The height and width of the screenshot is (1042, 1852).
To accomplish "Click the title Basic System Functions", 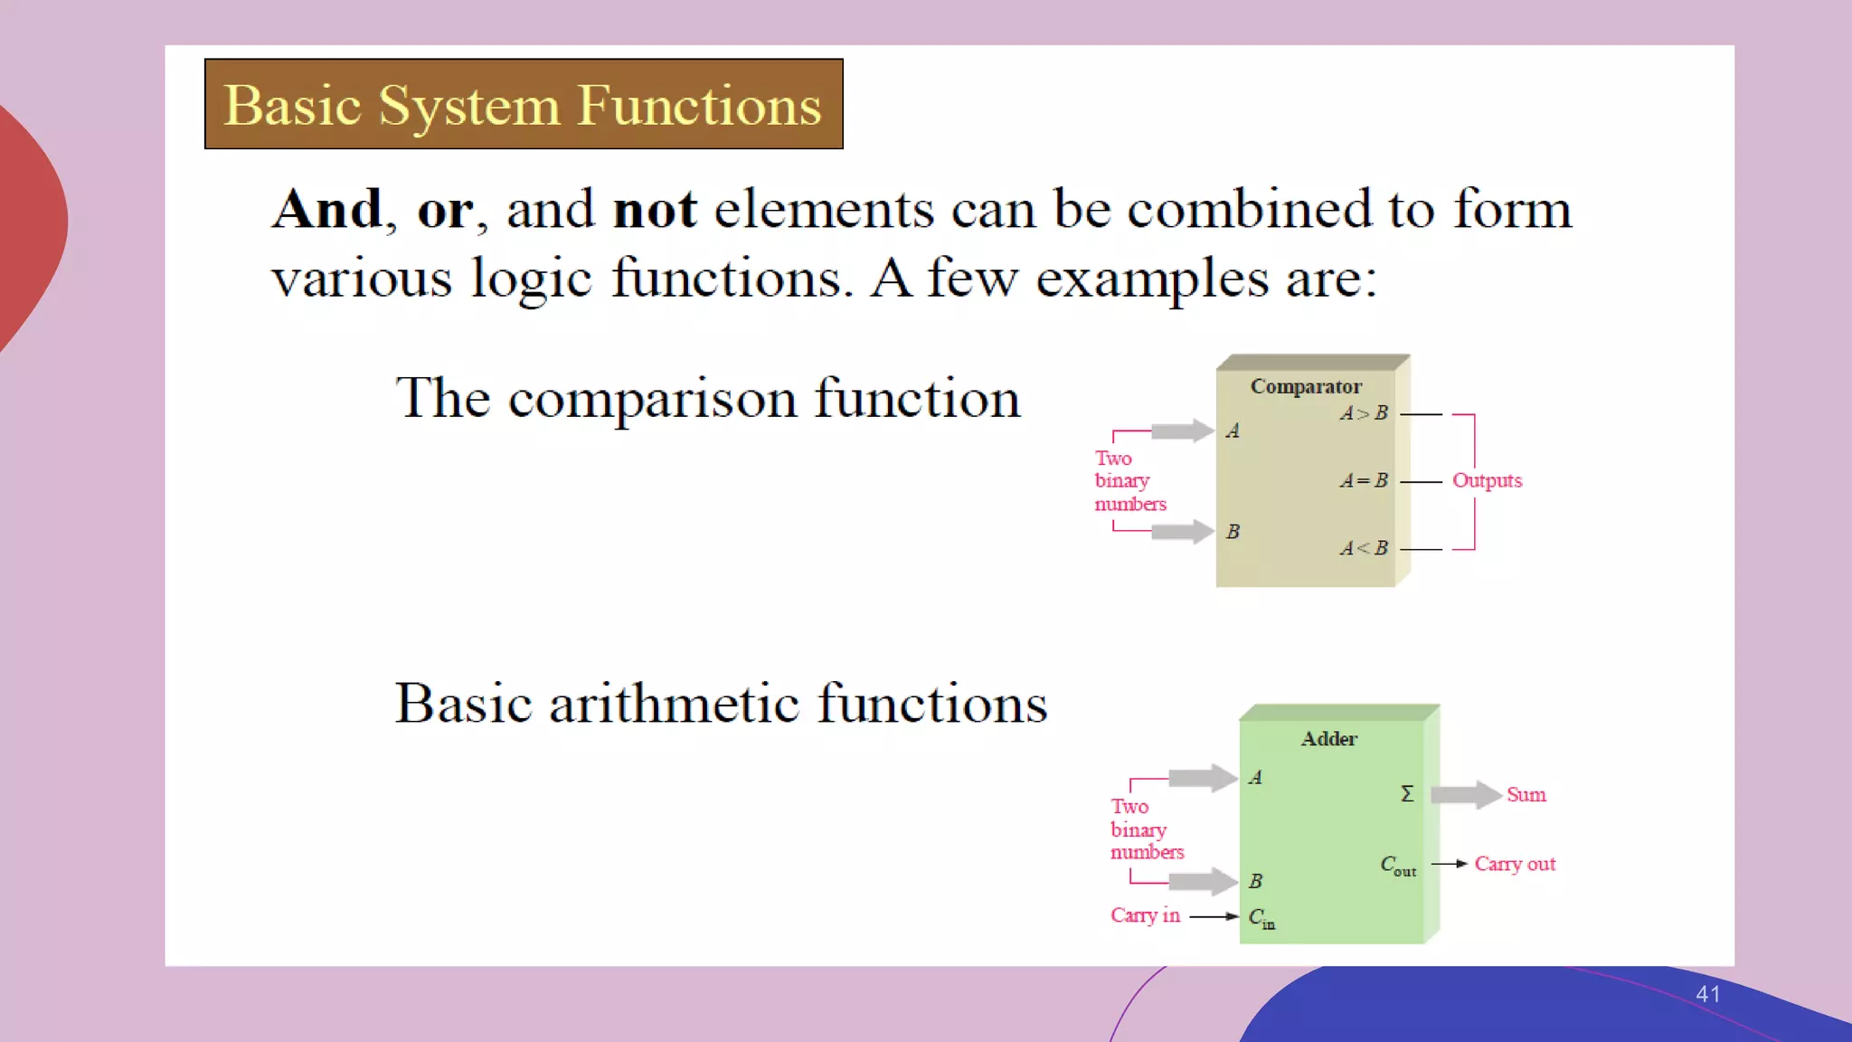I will [523, 105].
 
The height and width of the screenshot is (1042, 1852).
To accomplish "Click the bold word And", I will [328, 210].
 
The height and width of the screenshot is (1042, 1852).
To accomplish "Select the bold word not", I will [655, 210].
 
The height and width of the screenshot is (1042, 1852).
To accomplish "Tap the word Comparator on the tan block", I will [1305, 386].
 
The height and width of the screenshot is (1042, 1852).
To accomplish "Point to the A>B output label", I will [1364, 413].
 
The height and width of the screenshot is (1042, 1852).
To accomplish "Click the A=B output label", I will [1364, 481].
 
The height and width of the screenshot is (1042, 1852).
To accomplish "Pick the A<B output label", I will [1364, 548].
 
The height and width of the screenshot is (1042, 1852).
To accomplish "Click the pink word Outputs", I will [1487, 481].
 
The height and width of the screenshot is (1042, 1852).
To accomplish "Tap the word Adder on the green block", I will [1328, 739].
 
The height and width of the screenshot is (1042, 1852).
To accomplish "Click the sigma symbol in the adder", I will [1407, 794].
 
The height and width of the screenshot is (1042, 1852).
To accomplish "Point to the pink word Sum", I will [1526, 795].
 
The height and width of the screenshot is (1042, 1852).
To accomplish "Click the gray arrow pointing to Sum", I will [1466, 795].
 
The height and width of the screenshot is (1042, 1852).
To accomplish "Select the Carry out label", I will [1515, 864].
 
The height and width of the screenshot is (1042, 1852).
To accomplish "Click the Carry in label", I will [1145, 915].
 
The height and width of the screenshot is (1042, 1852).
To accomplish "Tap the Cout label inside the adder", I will [1397, 866].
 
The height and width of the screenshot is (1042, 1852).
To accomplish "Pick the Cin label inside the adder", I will [1261, 918].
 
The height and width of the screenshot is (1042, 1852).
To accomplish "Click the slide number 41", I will [1707, 994].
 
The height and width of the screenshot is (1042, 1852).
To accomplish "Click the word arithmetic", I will [674, 704].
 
